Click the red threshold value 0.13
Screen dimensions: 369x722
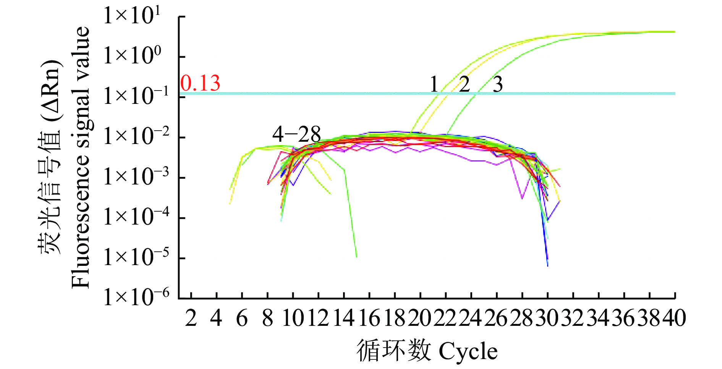tap(200, 83)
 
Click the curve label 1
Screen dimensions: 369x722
tap(434, 84)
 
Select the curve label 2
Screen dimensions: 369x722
tap(464, 84)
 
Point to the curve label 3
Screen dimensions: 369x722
tap(497, 84)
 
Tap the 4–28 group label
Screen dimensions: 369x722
tap(296, 134)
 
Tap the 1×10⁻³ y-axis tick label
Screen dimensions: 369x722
tap(136, 176)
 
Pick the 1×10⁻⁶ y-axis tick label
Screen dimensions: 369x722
tap(136, 297)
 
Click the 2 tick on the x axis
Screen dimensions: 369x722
tap(191, 318)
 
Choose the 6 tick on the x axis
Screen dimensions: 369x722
tap(242, 318)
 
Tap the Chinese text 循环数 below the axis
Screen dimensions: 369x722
tap(393, 351)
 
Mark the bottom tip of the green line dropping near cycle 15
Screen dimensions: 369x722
tap(356, 257)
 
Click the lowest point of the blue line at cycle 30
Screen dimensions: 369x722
tap(547, 265)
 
